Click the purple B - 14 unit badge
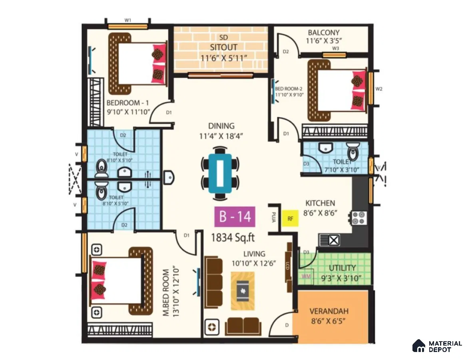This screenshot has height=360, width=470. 235,216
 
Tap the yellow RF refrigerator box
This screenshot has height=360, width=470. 290,218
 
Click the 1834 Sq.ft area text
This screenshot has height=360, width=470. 233,238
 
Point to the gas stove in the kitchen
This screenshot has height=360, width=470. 358,218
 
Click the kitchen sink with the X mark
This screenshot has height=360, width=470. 329,240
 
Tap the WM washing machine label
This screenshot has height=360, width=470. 306,276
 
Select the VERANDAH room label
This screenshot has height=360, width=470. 329,311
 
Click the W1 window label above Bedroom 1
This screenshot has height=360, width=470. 128,20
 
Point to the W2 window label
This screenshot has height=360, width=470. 379,89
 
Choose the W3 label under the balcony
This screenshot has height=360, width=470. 335,48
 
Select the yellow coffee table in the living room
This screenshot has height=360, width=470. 243,291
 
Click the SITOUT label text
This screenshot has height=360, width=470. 224,47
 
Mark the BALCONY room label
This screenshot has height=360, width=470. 324,32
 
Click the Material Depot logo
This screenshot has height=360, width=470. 437,346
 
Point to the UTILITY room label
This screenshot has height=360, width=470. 342,268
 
